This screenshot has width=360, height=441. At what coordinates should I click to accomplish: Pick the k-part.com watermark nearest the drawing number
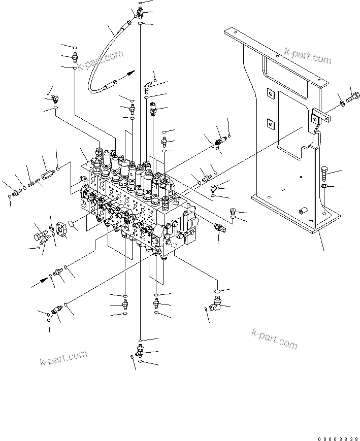click(x=274, y=338)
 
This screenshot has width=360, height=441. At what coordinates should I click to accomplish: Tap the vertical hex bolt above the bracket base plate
click(x=325, y=174)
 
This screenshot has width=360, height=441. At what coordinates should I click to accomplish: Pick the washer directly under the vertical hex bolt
click(x=325, y=187)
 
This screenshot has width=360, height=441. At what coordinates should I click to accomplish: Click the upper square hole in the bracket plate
click(x=270, y=93)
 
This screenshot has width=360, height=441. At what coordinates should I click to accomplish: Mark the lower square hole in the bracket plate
click(x=270, y=122)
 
